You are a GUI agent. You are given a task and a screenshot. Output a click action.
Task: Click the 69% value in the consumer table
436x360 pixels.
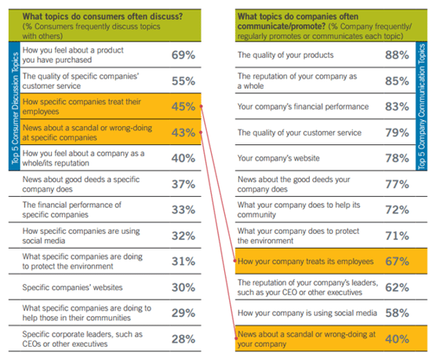(183, 56)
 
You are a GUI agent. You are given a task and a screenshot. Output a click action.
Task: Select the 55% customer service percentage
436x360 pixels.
(183, 82)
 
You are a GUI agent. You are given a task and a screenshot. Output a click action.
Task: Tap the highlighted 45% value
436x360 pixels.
(183, 107)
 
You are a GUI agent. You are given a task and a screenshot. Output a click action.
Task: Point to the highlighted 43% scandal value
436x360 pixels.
(183, 133)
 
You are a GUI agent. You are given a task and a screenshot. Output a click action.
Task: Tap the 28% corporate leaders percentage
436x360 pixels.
(183, 338)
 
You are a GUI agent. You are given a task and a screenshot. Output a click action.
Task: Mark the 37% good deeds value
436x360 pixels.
(183, 184)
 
